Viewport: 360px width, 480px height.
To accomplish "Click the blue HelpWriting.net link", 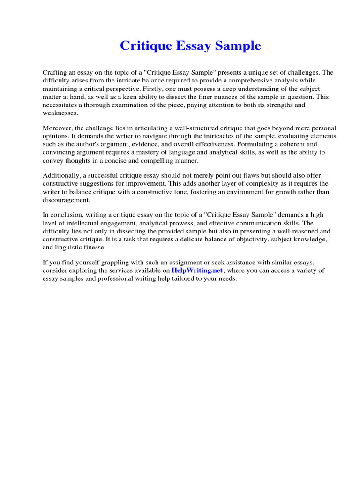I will click(198, 270).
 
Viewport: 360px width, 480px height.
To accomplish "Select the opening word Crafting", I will click(55, 72).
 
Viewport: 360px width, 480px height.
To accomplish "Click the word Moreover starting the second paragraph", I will click(58, 128).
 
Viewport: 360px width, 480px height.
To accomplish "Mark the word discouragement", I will click(66, 200).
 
